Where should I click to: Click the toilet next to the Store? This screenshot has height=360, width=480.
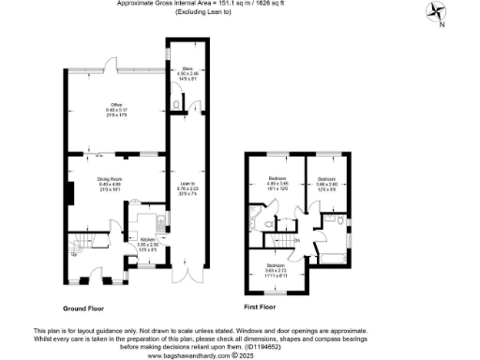click(x=178, y=104)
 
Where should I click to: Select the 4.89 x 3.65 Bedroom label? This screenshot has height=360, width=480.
click(x=277, y=182)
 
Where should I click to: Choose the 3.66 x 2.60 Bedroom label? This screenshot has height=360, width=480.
click(x=326, y=182)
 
